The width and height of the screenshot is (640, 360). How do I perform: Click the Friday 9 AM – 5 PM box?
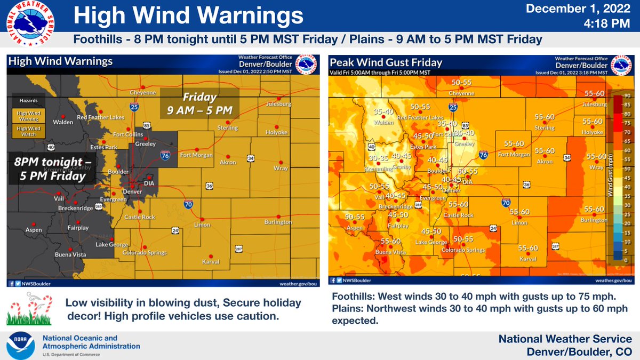tap(200, 104)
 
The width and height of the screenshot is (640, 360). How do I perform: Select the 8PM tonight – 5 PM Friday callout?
tap(49, 169)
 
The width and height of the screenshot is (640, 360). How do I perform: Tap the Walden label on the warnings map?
tap(63, 122)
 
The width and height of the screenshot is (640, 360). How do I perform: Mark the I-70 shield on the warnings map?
tap(188, 204)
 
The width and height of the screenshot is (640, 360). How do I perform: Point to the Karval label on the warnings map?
tap(211, 262)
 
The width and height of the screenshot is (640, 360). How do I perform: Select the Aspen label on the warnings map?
tap(33, 230)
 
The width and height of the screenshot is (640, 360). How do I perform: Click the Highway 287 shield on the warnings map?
tap(238, 249)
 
